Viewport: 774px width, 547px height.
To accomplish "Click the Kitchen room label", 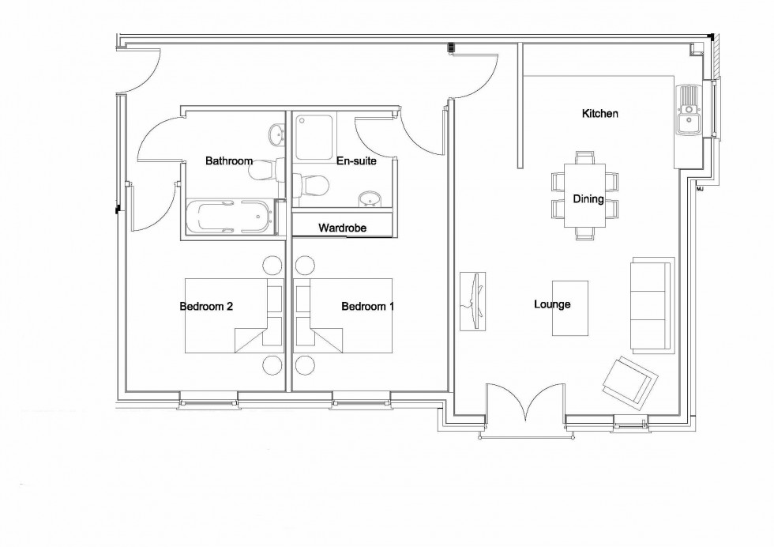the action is coord(599,114).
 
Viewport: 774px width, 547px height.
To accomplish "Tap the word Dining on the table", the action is coord(588,199).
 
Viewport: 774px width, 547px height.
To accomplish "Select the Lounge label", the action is coord(552,304).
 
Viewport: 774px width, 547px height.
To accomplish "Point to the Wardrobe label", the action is coord(342,228).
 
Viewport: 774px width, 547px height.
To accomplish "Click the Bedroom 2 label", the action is coord(206,307).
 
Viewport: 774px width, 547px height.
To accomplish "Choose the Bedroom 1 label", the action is coord(368,307).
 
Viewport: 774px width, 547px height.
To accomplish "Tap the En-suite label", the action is coord(356,161).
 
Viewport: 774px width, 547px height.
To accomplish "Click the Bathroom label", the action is coord(229,160).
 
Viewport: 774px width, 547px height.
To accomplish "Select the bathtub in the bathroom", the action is coord(230,217).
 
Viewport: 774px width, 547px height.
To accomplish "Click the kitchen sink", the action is coord(689,110).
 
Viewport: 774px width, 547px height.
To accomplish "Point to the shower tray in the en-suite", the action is coord(314,138).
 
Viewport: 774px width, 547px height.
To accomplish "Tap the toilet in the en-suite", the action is coord(311,185).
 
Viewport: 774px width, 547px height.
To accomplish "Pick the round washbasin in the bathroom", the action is coord(276,134).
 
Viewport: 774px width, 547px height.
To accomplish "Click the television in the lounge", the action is coord(473,301).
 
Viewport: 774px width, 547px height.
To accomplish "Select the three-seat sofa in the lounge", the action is coord(652,305).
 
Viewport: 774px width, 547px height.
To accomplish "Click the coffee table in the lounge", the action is coord(570,308).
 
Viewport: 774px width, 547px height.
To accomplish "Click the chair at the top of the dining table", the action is coord(585,157).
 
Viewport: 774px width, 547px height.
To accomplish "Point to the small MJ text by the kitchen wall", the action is coord(700,189).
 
